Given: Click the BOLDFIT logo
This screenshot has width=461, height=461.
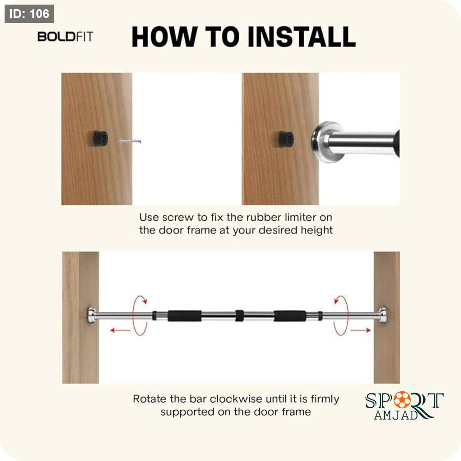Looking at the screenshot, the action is coord(65,37).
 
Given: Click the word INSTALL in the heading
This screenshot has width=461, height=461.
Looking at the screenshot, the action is coord(302,37).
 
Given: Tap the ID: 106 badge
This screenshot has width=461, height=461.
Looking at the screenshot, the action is coord(29,14).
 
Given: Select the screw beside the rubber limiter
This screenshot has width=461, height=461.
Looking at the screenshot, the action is coord(130,141).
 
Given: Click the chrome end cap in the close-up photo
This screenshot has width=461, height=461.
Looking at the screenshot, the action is coord(327,142).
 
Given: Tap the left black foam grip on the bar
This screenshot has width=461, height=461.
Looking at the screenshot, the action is coord(184,316).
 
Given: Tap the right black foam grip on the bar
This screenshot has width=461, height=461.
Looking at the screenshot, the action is coord(290,316).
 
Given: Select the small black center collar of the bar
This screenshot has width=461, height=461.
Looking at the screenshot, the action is coord(239,316).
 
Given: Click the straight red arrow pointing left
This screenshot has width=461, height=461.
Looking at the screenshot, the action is coord(120,330).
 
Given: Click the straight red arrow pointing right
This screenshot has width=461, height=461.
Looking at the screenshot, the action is coord(361,330).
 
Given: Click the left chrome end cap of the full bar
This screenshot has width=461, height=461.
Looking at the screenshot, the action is coord(92,316).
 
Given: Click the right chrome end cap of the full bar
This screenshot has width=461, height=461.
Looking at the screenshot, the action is coord(382,316).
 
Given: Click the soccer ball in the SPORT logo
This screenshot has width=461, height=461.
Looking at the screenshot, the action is coord(402,400).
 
